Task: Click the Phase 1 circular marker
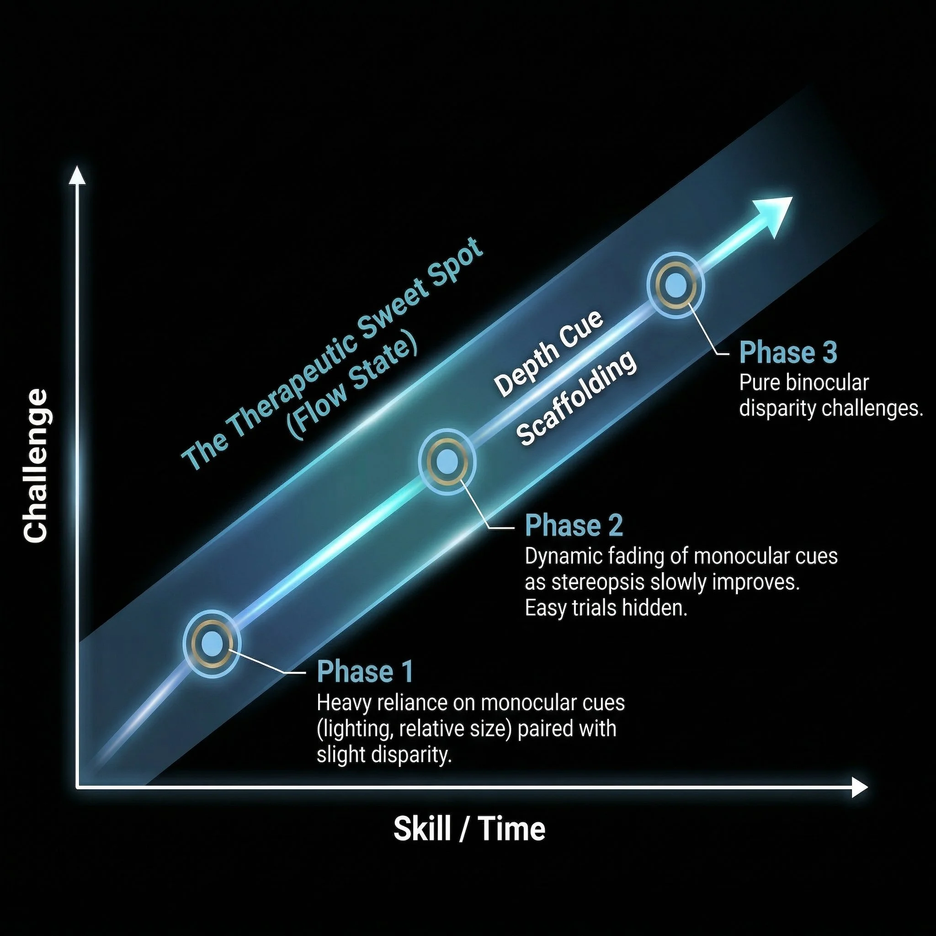[x=212, y=644]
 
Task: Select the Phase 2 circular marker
[x=447, y=462]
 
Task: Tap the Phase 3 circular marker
[x=675, y=285]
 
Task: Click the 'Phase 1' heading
[x=365, y=672]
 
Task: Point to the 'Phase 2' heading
[x=574, y=526]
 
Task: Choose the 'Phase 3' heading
[x=788, y=353]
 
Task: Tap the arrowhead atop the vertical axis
[x=77, y=175]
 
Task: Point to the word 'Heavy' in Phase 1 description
[x=344, y=702]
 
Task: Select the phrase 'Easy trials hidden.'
[x=606, y=608]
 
